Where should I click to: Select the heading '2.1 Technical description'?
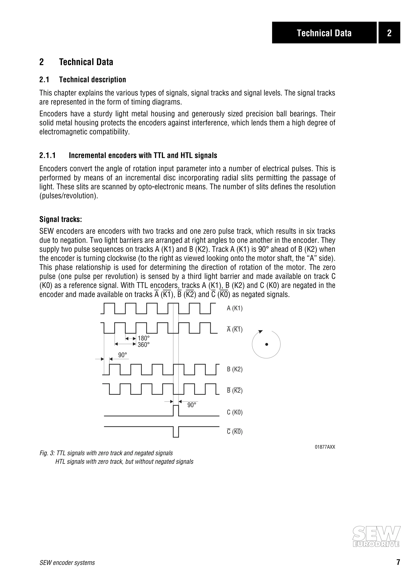[x=83, y=80]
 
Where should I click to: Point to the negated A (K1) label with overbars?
[x=235, y=330]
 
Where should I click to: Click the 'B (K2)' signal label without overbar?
[x=235, y=369]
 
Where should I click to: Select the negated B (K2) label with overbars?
[x=235, y=390]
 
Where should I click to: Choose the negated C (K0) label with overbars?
[x=235, y=432]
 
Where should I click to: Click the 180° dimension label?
[x=144, y=338]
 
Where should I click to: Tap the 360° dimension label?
[x=144, y=345]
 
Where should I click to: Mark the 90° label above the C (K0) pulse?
[x=192, y=405]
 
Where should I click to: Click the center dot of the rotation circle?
[x=267, y=344]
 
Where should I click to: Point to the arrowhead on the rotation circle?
[x=260, y=331]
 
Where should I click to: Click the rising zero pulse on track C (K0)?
[x=176, y=410]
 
